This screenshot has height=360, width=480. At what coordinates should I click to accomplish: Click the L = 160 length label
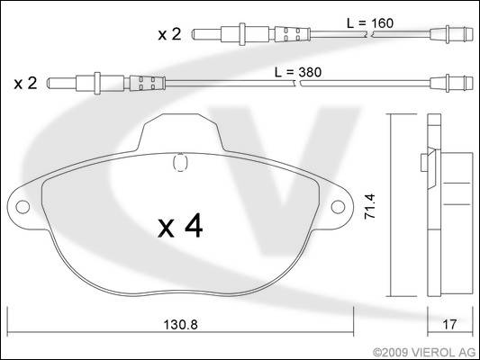click(370, 23)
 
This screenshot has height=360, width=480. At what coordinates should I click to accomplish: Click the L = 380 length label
click(298, 73)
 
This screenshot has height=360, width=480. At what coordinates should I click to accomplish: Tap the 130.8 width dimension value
click(181, 325)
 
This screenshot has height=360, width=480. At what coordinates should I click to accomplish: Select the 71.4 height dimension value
click(370, 206)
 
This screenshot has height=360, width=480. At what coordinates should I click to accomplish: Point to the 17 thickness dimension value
click(449, 325)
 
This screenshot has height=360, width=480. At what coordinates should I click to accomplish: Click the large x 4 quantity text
click(180, 226)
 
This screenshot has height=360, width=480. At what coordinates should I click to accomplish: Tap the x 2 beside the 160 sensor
click(169, 34)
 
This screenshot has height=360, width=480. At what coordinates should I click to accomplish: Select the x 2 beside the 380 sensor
click(26, 83)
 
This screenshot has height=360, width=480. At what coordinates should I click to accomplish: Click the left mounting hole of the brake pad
click(23, 207)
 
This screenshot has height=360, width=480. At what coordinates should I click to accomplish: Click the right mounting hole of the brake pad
click(338, 207)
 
